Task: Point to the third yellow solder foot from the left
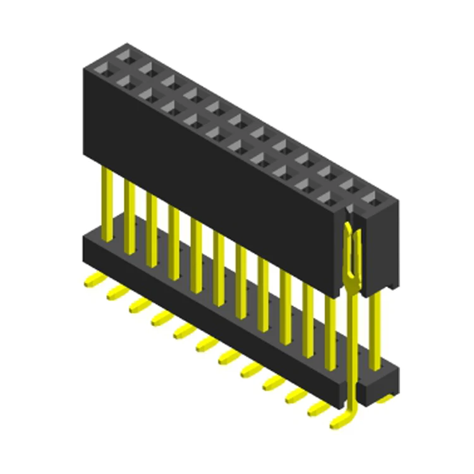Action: coord(138,305)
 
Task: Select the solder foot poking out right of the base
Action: coord(386,398)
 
